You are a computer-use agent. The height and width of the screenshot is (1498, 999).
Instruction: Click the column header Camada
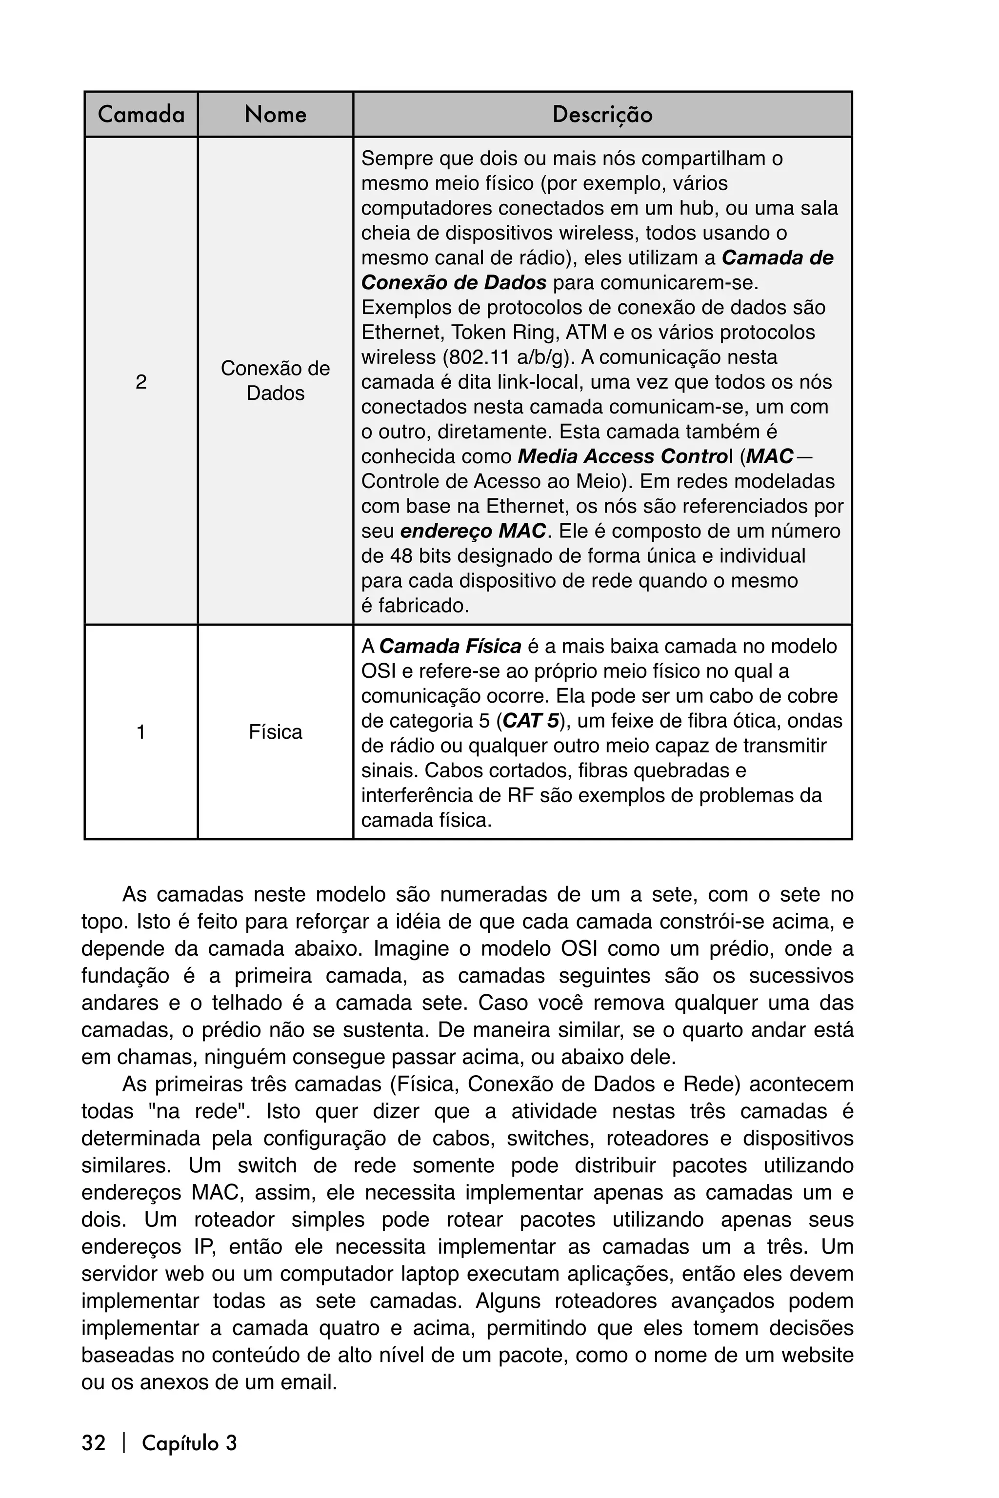(x=141, y=115)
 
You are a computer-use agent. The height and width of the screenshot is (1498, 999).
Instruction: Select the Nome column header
(x=275, y=115)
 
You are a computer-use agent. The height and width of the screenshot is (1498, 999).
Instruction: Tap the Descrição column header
(x=602, y=115)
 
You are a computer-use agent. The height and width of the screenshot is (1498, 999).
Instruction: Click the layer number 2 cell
(x=141, y=381)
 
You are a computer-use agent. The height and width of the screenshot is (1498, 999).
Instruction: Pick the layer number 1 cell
(x=141, y=732)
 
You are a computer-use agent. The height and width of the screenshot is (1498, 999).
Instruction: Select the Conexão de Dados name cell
(x=275, y=380)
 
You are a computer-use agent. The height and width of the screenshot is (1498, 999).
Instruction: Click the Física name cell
(x=275, y=732)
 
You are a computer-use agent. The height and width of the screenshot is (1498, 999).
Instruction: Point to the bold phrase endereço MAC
(x=473, y=531)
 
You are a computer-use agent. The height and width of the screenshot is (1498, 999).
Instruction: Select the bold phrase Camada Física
(x=450, y=647)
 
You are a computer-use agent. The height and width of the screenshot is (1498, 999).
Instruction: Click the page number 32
(x=93, y=1442)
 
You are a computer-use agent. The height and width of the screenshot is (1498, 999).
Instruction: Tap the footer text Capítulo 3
(x=189, y=1442)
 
